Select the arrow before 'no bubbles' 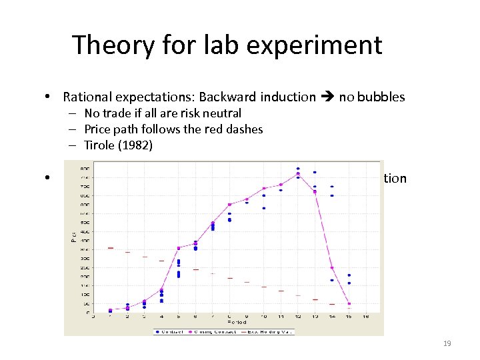point(327,97)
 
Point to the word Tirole point(101,145)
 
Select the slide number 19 point(447,343)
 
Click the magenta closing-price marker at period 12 point(298,175)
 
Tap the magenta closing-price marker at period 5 point(179,248)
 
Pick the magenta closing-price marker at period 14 point(332,268)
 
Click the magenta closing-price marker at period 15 point(349,304)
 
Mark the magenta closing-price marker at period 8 point(230,205)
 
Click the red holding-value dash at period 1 point(111,248)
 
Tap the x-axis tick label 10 point(264,316)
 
